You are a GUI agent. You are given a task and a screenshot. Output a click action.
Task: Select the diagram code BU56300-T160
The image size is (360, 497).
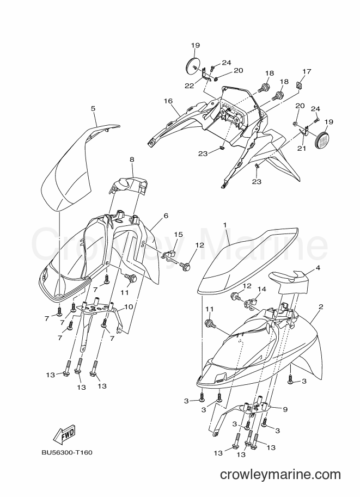[67, 452]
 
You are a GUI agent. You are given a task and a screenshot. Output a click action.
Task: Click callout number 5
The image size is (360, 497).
[93, 108]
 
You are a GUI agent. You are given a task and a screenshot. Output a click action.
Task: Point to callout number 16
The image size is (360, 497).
[168, 101]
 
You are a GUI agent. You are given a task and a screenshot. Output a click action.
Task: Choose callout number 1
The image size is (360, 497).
[225, 225]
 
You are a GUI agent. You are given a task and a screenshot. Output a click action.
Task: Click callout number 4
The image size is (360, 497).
[318, 268]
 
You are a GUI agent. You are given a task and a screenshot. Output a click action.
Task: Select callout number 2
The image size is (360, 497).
[321, 306]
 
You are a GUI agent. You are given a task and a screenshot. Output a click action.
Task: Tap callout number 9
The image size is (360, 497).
[285, 409]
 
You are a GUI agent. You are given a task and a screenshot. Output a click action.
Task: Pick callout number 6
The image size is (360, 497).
[166, 216]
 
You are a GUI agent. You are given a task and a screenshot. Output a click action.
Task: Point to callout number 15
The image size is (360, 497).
[178, 234]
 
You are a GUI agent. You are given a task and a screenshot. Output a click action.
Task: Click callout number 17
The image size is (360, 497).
[307, 71]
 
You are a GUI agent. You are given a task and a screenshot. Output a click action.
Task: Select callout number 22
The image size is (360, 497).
[190, 86]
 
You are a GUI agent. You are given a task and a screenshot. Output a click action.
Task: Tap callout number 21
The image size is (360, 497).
[301, 149]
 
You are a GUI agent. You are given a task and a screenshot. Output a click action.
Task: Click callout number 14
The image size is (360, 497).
[261, 289]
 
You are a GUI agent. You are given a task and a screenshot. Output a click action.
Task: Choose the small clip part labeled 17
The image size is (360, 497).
[298, 85]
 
